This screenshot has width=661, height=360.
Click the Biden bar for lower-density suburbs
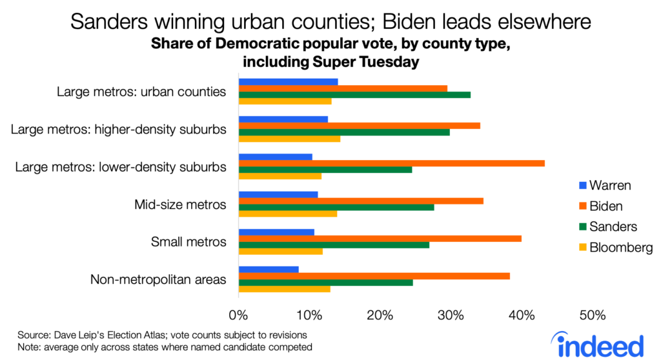[x=391, y=163]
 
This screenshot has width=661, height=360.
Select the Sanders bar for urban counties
[x=354, y=94]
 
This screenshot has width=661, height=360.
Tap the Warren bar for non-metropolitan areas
[x=269, y=269]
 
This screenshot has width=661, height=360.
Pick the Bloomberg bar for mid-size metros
[x=288, y=213]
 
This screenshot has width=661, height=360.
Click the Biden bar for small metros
[x=380, y=238]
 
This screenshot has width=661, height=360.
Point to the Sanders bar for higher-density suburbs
[x=344, y=132]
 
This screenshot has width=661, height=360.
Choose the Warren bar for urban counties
[x=288, y=82]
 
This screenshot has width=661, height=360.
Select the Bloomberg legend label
[x=622, y=247]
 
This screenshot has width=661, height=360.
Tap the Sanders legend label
[x=613, y=226]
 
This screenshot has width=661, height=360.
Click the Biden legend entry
[x=600, y=206]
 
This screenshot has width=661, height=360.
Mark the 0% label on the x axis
[x=239, y=315]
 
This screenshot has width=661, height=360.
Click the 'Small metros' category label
[x=188, y=242]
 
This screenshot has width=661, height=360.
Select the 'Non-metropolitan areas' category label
[x=158, y=279]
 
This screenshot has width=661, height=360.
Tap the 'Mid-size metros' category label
[x=180, y=205]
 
